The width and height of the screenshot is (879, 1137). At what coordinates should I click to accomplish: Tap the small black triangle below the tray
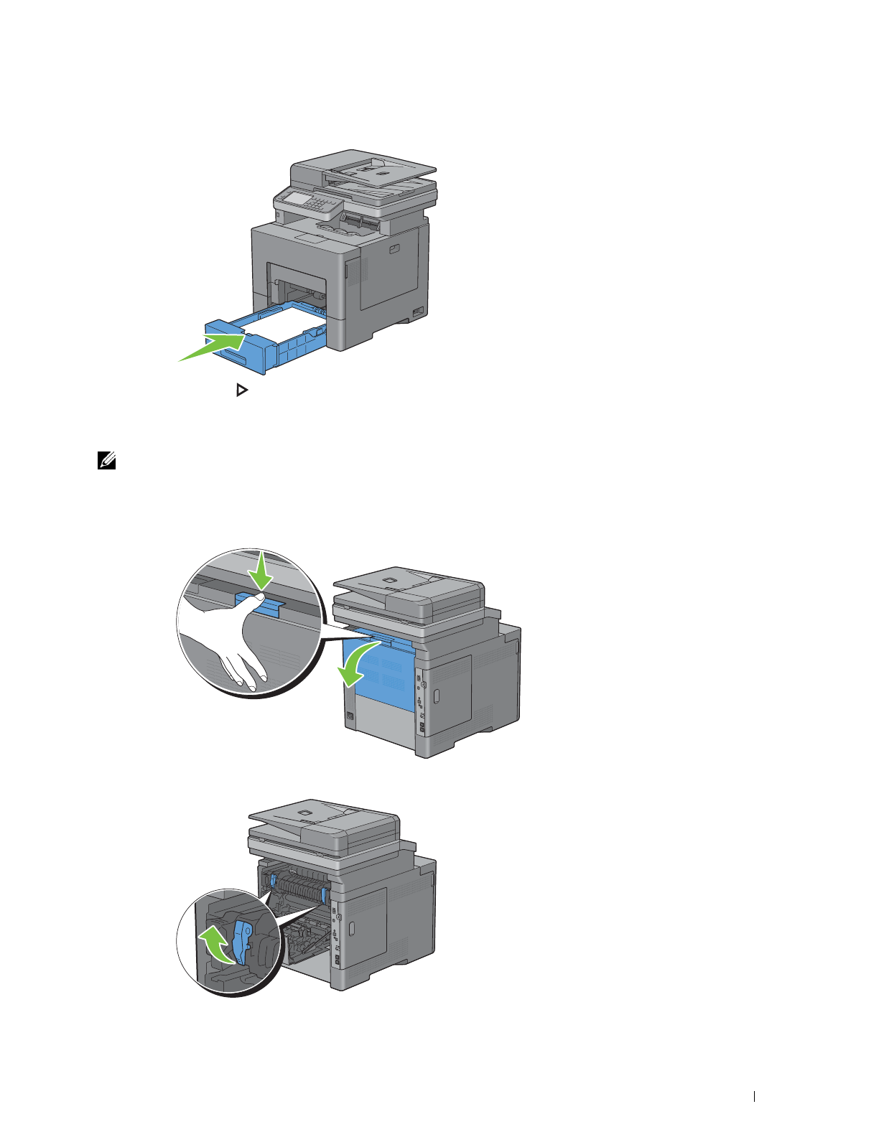(x=241, y=391)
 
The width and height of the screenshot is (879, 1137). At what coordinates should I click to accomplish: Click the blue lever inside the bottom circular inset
(x=242, y=942)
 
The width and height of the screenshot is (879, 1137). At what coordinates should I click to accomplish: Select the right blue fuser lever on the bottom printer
(x=325, y=894)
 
